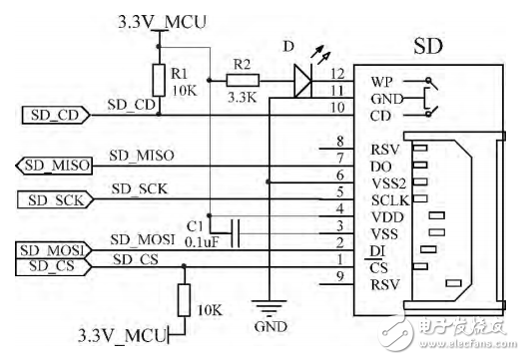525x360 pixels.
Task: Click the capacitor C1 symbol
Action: pyautogui.click(x=236, y=229)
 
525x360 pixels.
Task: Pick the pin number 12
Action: pyautogui.click(x=336, y=74)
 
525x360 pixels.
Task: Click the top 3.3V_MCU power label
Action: pyautogui.click(x=162, y=19)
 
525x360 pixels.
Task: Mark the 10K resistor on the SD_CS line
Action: pyautogui.click(x=183, y=299)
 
